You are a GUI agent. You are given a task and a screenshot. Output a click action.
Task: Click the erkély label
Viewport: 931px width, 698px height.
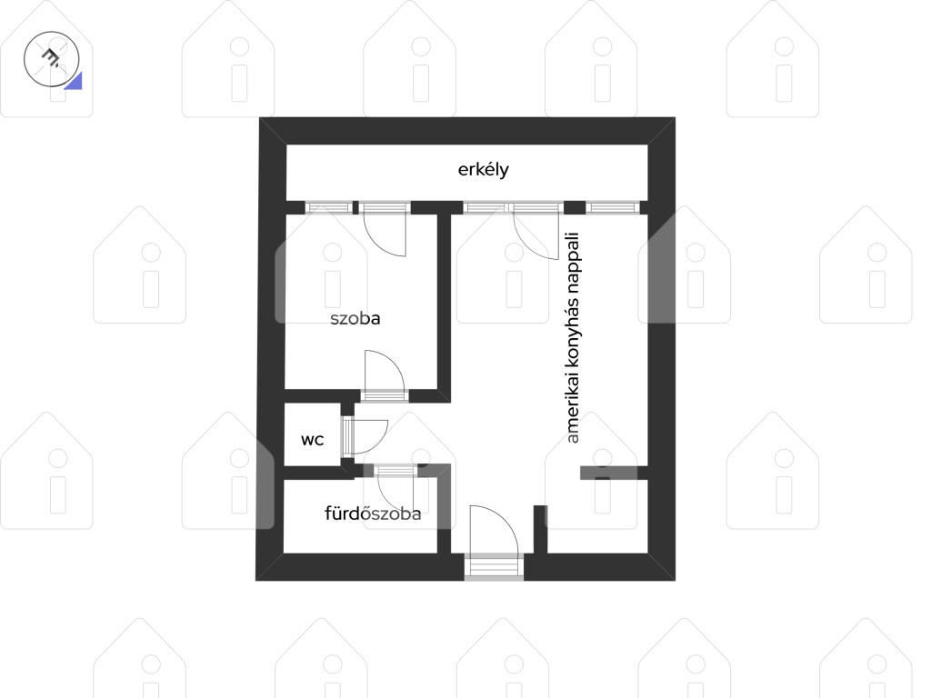point(483,170)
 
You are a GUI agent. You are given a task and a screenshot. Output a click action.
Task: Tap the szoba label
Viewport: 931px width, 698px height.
point(355,318)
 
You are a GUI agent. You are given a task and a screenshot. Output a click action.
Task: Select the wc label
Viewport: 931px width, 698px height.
point(313,440)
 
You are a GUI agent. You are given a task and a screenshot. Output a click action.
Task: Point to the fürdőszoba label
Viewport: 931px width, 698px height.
point(373,513)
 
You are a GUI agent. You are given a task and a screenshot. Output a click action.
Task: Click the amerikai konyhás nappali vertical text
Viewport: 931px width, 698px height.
point(573,338)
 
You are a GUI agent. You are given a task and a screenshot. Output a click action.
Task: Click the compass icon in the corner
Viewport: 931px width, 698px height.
point(52,59)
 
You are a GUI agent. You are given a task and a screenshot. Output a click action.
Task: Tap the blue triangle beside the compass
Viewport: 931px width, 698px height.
point(74,81)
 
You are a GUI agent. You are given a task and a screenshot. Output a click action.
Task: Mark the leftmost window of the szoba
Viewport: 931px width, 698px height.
point(328,208)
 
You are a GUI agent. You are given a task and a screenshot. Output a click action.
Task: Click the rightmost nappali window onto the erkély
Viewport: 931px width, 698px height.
point(614,208)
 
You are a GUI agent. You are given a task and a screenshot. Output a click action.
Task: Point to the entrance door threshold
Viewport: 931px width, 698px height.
point(494,566)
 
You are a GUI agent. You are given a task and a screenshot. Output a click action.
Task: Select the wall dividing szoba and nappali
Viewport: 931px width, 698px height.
point(444,303)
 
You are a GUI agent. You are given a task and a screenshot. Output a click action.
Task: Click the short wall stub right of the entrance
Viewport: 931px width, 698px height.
point(540,530)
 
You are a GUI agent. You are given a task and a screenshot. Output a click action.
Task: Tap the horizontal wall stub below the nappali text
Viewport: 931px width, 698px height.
point(614,473)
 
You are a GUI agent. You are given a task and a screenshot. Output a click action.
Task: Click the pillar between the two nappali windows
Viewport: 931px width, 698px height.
point(575,208)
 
